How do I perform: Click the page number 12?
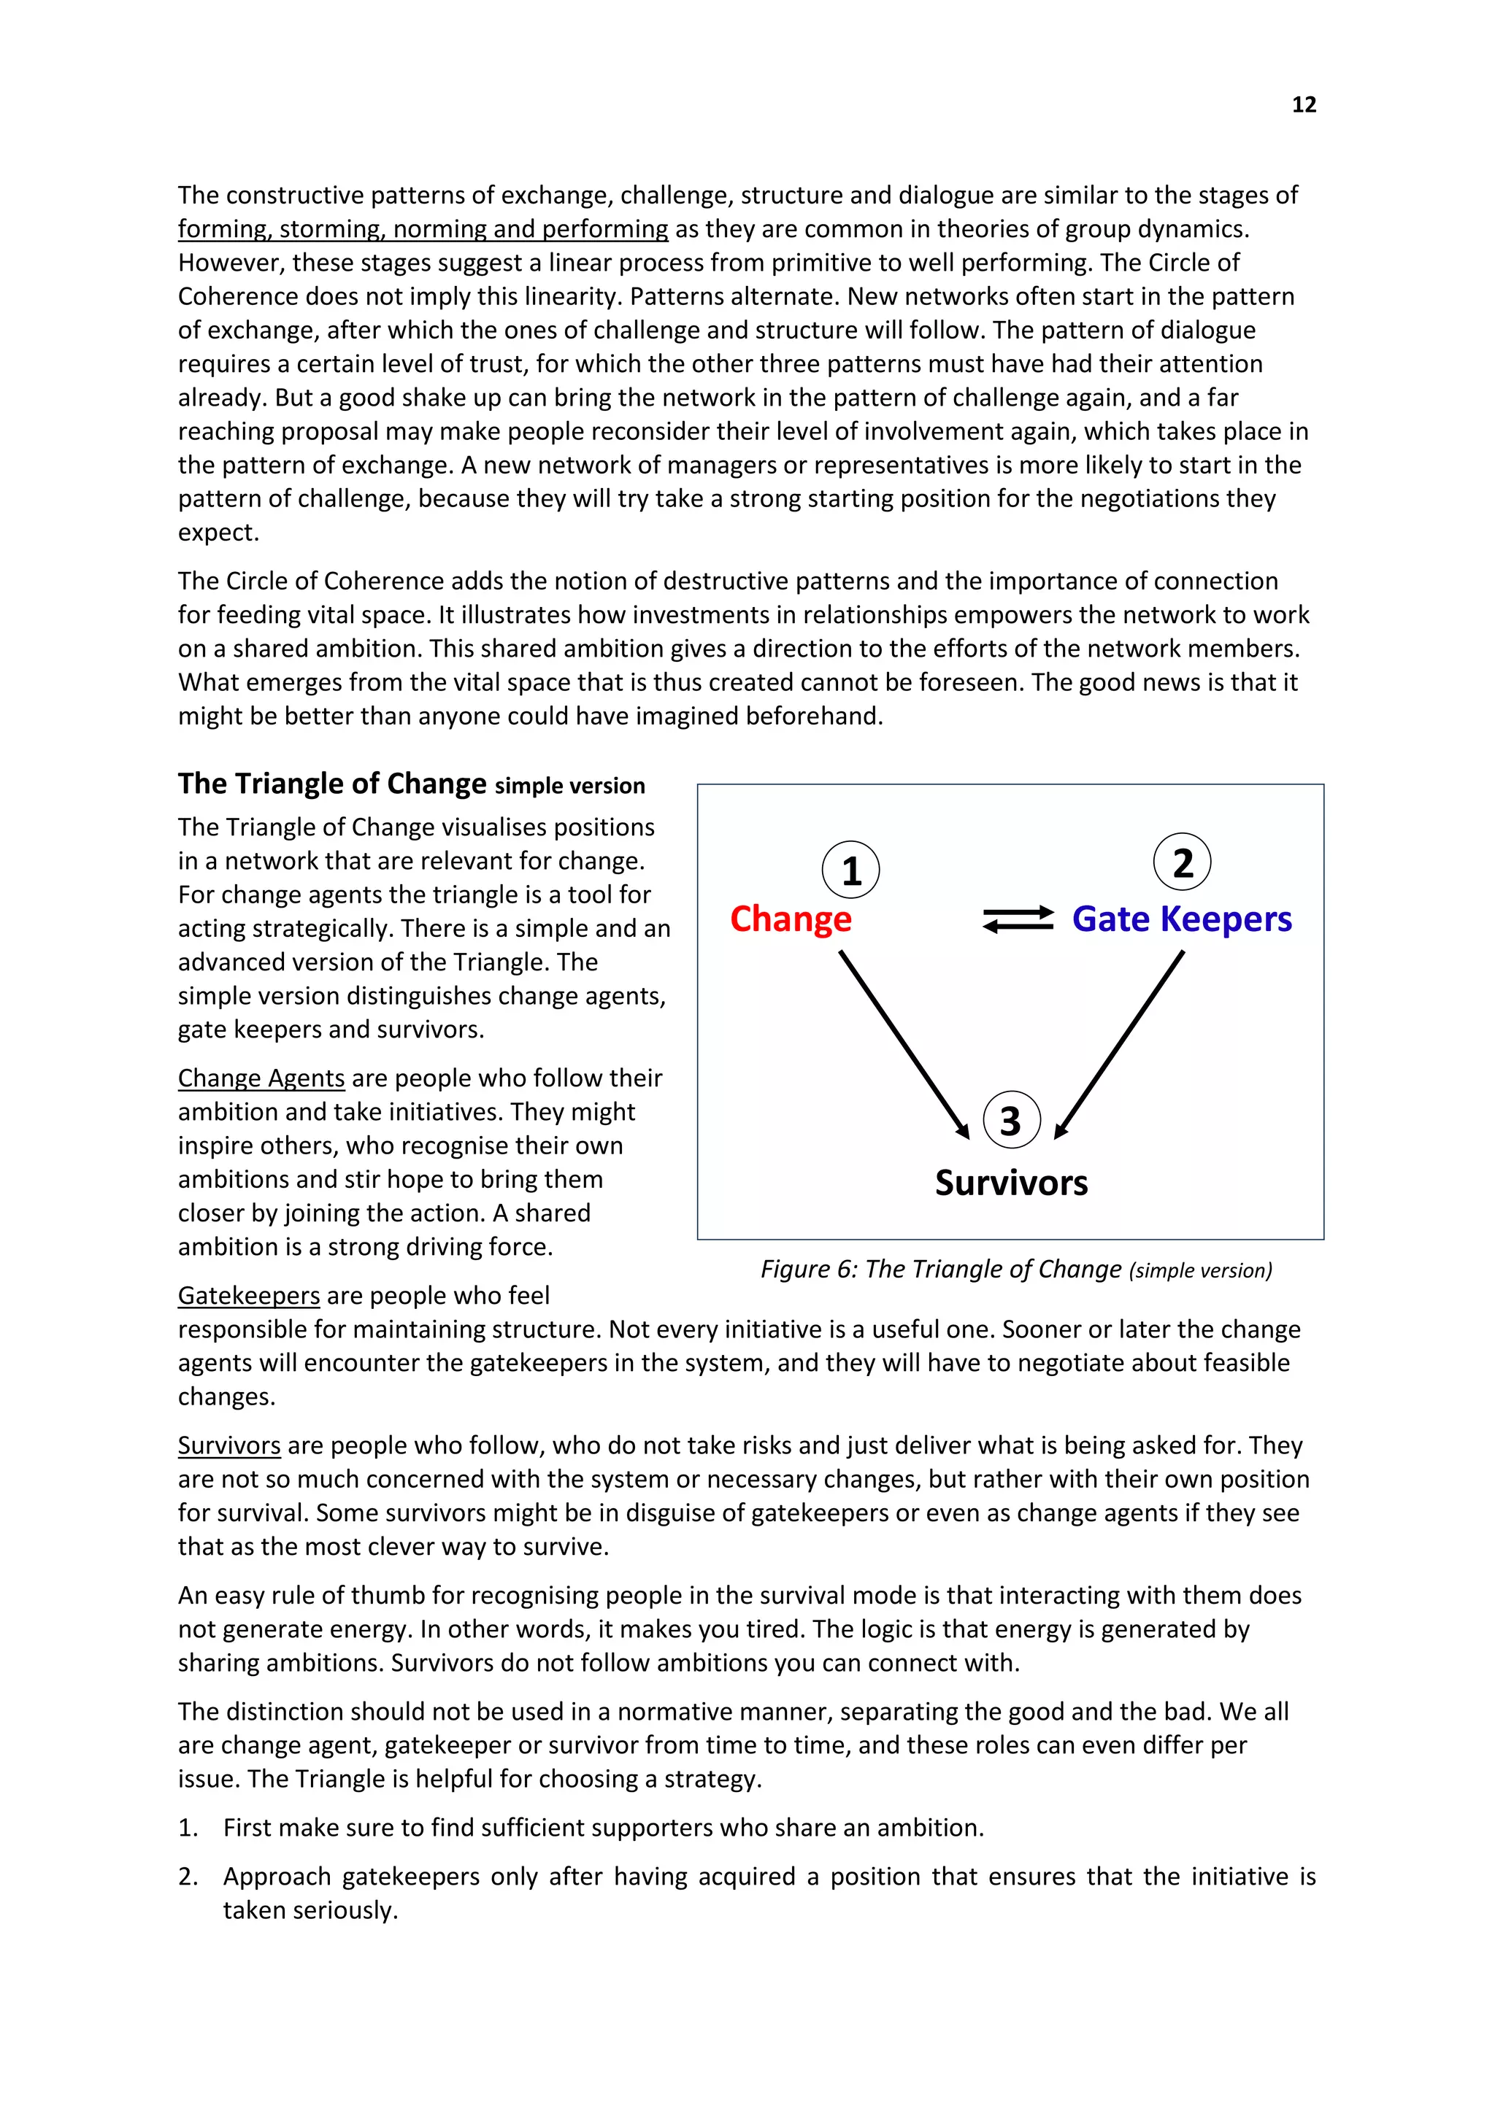tap(1304, 105)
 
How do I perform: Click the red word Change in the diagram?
tap(790, 919)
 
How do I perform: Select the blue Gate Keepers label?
tap(1181, 919)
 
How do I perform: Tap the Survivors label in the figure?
tap(1011, 1183)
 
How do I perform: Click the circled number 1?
tap(850, 870)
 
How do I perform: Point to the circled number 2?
tap(1182, 862)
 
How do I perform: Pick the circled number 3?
tap(1011, 1120)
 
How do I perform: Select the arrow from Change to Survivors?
tap(904, 1045)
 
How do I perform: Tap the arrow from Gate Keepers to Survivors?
tap(1119, 1045)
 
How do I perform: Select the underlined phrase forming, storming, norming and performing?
tap(423, 228)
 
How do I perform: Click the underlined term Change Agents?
tap(261, 1078)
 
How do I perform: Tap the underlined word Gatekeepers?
tap(248, 1295)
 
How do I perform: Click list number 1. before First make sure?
tap(189, 1827)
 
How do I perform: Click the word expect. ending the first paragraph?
tap(218, 532)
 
